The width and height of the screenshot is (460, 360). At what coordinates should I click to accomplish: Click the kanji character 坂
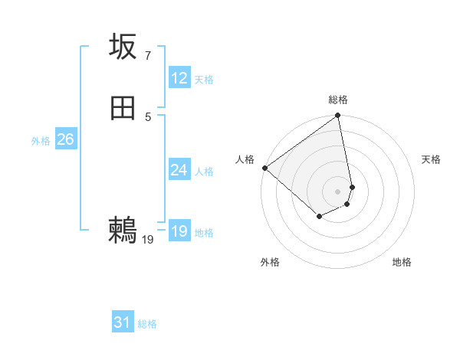(123, 47)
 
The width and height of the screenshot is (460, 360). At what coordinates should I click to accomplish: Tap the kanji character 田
(123, 109)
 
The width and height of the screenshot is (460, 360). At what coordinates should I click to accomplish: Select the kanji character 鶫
(123, 231)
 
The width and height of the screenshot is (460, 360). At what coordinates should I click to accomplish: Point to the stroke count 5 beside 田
(147, 116)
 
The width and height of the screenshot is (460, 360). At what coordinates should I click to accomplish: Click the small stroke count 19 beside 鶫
(148, 240)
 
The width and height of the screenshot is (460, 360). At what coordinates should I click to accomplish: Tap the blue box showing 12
(179, 78)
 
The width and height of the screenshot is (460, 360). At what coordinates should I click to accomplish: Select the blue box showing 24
(179, 170)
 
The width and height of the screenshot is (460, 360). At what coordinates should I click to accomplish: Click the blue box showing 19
(179, 231)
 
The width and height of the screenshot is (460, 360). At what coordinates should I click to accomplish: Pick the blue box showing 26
(65, 139)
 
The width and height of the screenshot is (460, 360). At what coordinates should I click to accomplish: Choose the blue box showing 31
(123, 323)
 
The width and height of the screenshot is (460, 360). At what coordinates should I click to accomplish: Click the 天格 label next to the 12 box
(204, 80)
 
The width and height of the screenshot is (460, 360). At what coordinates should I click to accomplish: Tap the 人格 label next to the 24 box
(204, 172)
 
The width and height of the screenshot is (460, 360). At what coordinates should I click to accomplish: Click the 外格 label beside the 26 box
(41, 141)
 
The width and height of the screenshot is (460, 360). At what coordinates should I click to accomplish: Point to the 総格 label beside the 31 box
(147, 325)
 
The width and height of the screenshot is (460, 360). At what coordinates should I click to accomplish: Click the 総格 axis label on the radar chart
(338, 100)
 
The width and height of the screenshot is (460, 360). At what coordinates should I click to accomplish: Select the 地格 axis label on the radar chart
(402, 262)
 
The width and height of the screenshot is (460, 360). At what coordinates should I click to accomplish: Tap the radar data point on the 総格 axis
(338, 116)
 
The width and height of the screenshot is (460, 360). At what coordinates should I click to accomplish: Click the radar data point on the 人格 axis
(264, 168)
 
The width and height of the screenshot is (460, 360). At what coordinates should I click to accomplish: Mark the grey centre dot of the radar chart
(338, 191)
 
